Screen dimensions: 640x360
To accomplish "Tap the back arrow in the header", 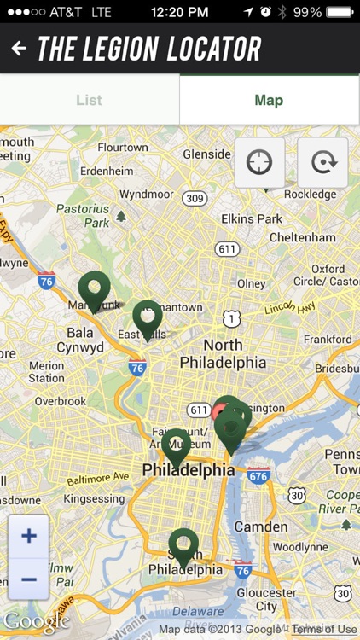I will tap(19, 49).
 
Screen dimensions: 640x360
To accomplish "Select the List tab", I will tap(89, 100).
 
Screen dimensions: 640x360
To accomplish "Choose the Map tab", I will tap(269, 100).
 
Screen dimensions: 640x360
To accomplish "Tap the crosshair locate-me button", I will tap(259, 162).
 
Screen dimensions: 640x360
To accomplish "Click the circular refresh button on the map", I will tap(322, 162).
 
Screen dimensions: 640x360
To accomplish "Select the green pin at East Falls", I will tap(148, 318).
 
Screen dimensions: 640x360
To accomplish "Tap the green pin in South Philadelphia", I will tap(183, 547).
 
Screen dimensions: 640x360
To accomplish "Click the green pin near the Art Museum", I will tap(176, 446).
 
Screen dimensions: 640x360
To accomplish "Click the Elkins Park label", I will tap(251, 218).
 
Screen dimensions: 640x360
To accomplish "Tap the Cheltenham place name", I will tap(301, 237).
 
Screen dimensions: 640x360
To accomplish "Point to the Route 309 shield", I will tap(195, 199).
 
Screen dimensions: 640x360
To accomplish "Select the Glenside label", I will tap(206, 154).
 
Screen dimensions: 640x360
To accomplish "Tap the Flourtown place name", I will tap(123, 148).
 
